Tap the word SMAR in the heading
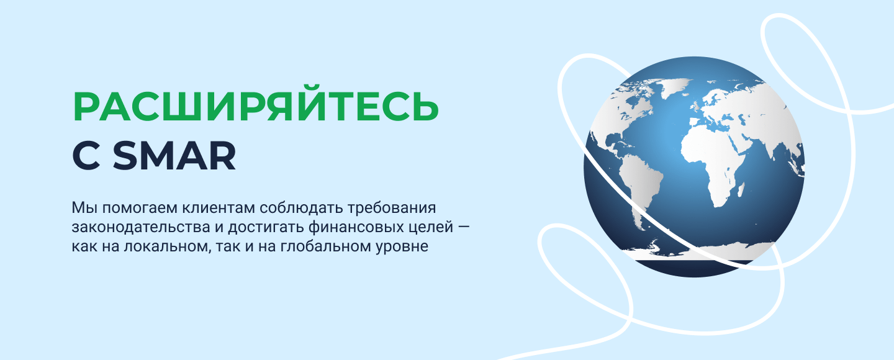coord(175,156)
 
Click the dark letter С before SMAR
coord(86,156)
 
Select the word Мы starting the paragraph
coord(84,208)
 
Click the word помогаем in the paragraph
coord(140,208)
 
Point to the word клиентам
coord(219,208)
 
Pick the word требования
coord(392,208)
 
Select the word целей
coord(434,228)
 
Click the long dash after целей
coord(464,227)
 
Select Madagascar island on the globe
coord(741,190)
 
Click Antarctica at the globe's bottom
coord(702,251)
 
